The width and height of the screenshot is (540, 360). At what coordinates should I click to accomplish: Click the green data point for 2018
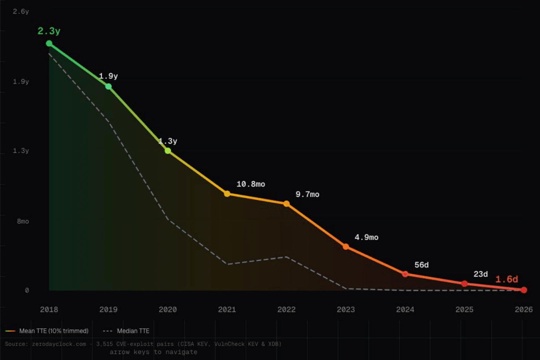point(49,43)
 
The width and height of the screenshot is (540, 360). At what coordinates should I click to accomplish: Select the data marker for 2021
point(227,194)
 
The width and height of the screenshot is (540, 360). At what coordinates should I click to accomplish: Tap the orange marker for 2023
point(346,246)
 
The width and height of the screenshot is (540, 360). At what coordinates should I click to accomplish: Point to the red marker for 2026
point(524,290)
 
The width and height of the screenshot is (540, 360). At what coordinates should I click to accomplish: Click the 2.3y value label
point(49,31)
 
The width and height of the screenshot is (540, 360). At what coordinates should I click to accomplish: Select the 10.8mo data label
point(251,184)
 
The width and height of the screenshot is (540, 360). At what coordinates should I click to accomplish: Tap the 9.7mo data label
point(307,194)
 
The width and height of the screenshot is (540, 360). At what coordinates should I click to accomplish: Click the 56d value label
point(422,265)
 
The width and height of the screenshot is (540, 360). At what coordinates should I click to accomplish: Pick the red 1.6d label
point(506,279)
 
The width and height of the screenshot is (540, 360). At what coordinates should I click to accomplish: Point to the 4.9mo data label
point(366,237)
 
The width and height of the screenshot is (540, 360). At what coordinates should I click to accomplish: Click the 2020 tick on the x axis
point(168,309)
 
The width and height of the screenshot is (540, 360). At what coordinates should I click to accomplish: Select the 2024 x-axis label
point(405,309)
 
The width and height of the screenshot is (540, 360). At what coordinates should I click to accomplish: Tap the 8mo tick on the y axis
point(23,221)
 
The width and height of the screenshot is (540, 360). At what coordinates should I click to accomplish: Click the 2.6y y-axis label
point(21,12)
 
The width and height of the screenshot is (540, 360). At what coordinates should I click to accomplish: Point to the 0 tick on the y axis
point(27,290)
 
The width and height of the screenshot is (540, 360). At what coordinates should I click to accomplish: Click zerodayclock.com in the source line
point(59,344)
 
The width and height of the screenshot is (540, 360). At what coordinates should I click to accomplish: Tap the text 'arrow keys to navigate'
point(154,352)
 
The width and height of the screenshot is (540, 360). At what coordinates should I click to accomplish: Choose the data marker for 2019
point(108,86)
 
